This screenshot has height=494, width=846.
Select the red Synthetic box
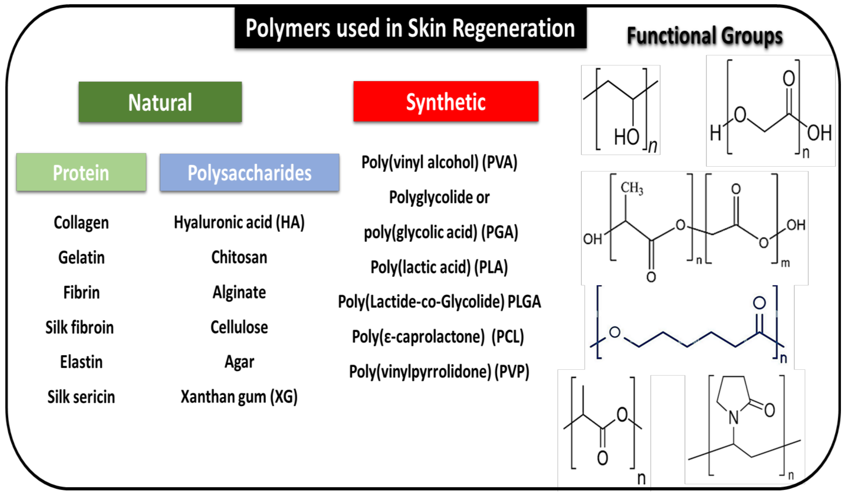click(446, 101)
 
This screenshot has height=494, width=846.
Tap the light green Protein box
click(81, 172)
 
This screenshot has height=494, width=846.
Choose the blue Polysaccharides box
click(249, 172)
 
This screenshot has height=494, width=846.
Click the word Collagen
click(81, 223)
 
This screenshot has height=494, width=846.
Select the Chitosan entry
click(239, 257)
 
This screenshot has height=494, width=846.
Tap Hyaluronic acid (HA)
click(239, 223)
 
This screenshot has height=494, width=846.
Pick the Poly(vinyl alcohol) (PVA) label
click(439, 162)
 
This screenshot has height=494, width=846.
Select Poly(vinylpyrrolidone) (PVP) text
click(439, 371)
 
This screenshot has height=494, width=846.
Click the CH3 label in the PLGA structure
click(631, 188)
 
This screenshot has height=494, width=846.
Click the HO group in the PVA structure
click(626, 137)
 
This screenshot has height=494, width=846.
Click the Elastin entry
click(81, 362)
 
